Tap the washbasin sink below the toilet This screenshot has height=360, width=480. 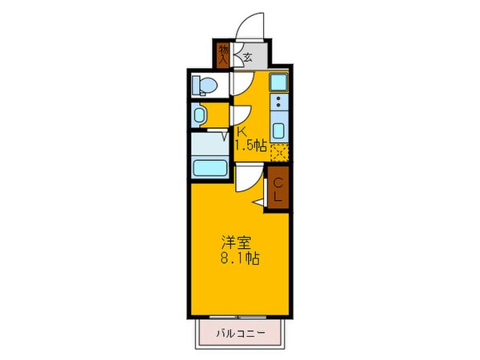pyautogui.click(x=200, y=115)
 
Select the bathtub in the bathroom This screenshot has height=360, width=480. pyautogui.click(x=210, y=168)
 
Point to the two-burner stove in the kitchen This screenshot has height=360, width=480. pyautogui.click(x=278, y=103)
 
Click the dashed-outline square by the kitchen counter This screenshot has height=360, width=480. pyautogui.click(x=278, y=152)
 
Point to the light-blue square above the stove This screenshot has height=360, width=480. pyautogui.click(x=278, y=82)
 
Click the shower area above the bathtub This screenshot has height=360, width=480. pyautogui.click(x=210, y=146)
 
